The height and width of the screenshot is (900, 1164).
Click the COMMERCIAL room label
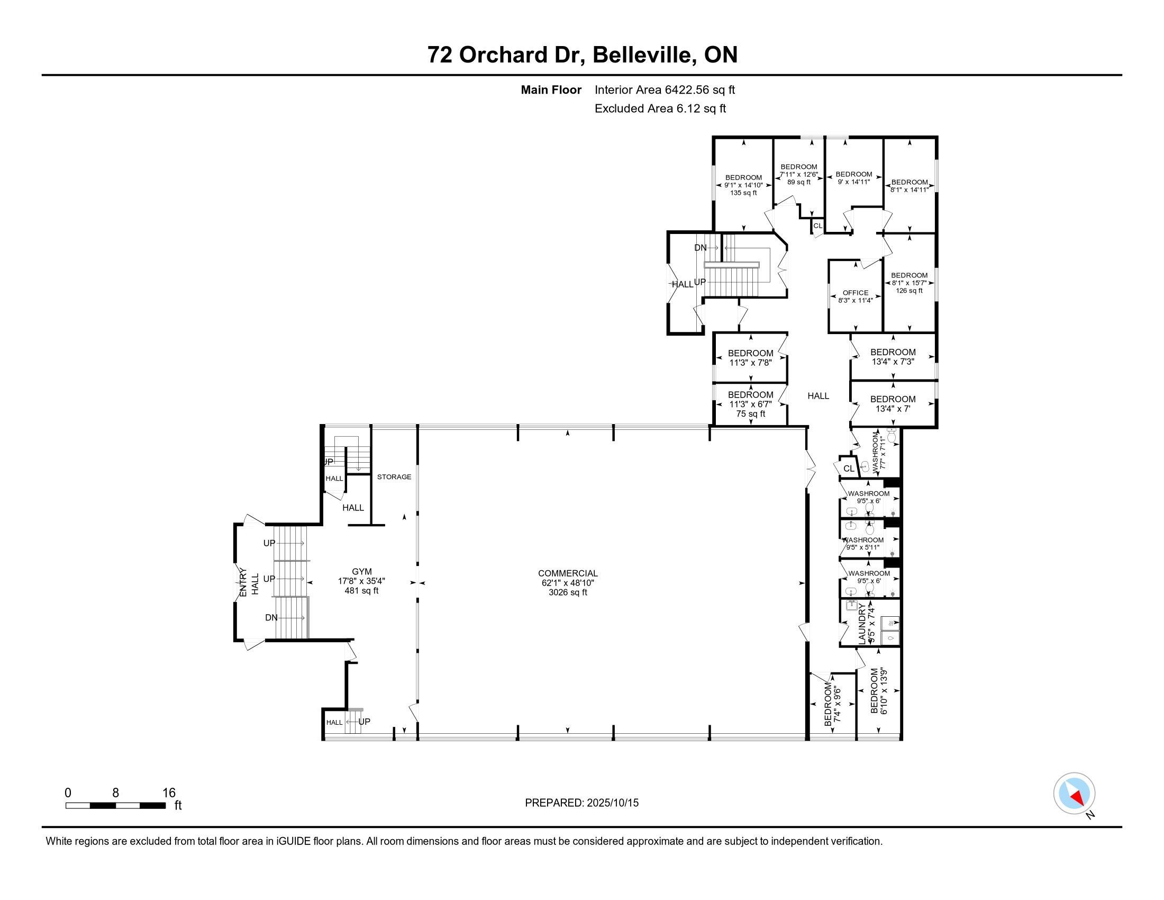[568, 583]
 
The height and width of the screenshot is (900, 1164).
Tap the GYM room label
[361, 581]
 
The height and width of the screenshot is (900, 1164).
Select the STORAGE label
[394, 476]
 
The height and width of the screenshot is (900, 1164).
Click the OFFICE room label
[856, 296]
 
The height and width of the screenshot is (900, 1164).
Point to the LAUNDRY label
[867, 623]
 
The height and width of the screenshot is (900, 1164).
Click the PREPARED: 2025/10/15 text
[581, 803]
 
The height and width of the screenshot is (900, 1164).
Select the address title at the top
[582, 55]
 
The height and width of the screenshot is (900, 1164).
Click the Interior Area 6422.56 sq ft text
[665, 89]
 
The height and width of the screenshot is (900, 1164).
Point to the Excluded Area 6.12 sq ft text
[660, 108]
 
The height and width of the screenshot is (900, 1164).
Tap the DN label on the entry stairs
[271, 617]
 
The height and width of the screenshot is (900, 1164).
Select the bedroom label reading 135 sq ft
[743, 185]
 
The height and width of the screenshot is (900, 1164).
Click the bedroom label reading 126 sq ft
[909, 283]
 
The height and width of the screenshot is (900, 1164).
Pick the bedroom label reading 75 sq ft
[750, 404]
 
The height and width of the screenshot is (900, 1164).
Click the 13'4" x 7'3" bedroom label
[893, 357]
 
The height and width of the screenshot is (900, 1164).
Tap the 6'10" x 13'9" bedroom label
[878, 690]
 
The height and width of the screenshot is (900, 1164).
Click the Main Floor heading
[551, 89]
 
